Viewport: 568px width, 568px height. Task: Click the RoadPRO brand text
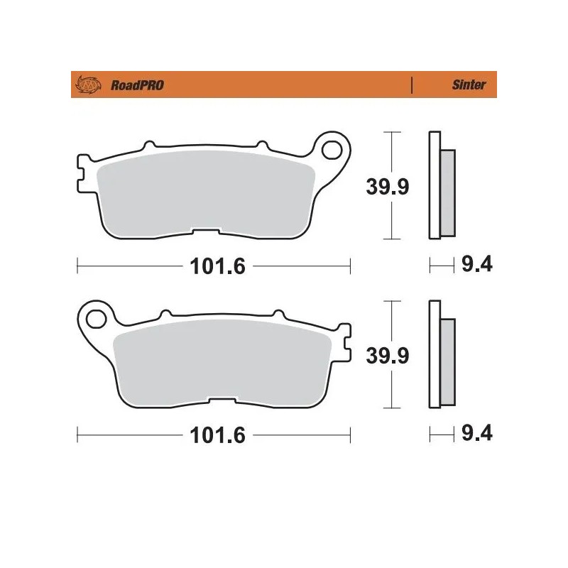point(137,85)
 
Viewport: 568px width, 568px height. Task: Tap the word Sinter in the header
point(469,85)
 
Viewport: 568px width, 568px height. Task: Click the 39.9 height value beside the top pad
point(387,187)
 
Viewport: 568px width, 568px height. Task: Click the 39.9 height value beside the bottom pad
point(387,356)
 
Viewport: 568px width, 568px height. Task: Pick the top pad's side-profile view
point(441,186)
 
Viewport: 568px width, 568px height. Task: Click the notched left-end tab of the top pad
point(81,173)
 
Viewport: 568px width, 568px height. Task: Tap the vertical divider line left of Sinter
point(412,85)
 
